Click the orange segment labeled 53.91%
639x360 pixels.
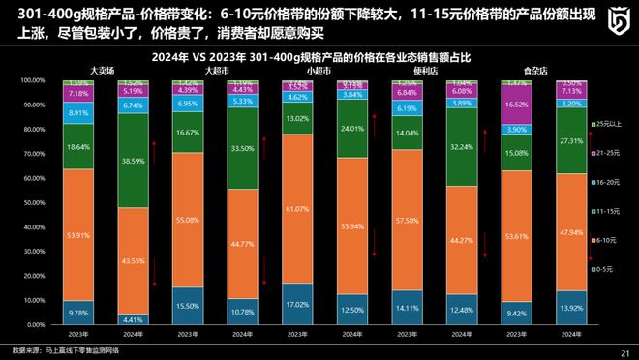[79, 235]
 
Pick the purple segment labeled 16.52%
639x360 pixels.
[518, 104]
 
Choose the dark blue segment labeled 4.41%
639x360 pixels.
[134, 319]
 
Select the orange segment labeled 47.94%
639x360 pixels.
[572, 232]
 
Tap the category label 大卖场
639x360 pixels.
[104, 72]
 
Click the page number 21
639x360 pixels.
[624, 352]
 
